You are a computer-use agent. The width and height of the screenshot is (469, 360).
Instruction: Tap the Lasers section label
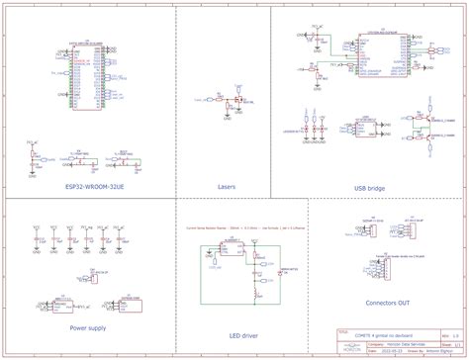click(226, 186)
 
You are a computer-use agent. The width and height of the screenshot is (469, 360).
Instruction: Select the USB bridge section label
click(368, 186)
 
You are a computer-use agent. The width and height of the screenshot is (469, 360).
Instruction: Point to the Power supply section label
click(88, 325)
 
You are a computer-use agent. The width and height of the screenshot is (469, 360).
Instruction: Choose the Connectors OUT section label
click(387, 302)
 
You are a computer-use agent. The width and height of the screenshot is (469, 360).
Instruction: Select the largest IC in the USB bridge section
click(375, 58)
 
